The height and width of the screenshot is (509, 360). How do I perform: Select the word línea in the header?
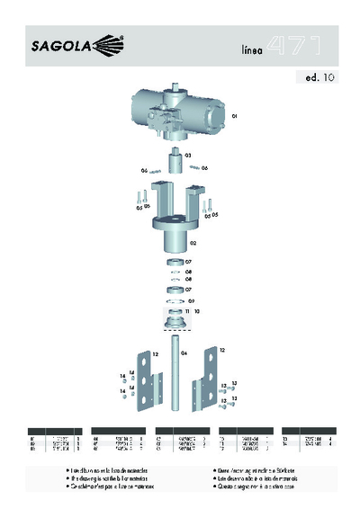click(x=253, y=50)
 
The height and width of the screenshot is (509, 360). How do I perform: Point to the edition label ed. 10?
click(x=315, y=78)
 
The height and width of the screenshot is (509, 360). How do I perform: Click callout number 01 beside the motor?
click(x=234, y=116)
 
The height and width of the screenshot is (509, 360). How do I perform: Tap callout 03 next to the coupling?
click(x=188, y=156)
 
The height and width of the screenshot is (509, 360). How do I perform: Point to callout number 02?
click(x=193, y=242)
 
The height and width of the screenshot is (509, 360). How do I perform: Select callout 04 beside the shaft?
click(x=184, y=354)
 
